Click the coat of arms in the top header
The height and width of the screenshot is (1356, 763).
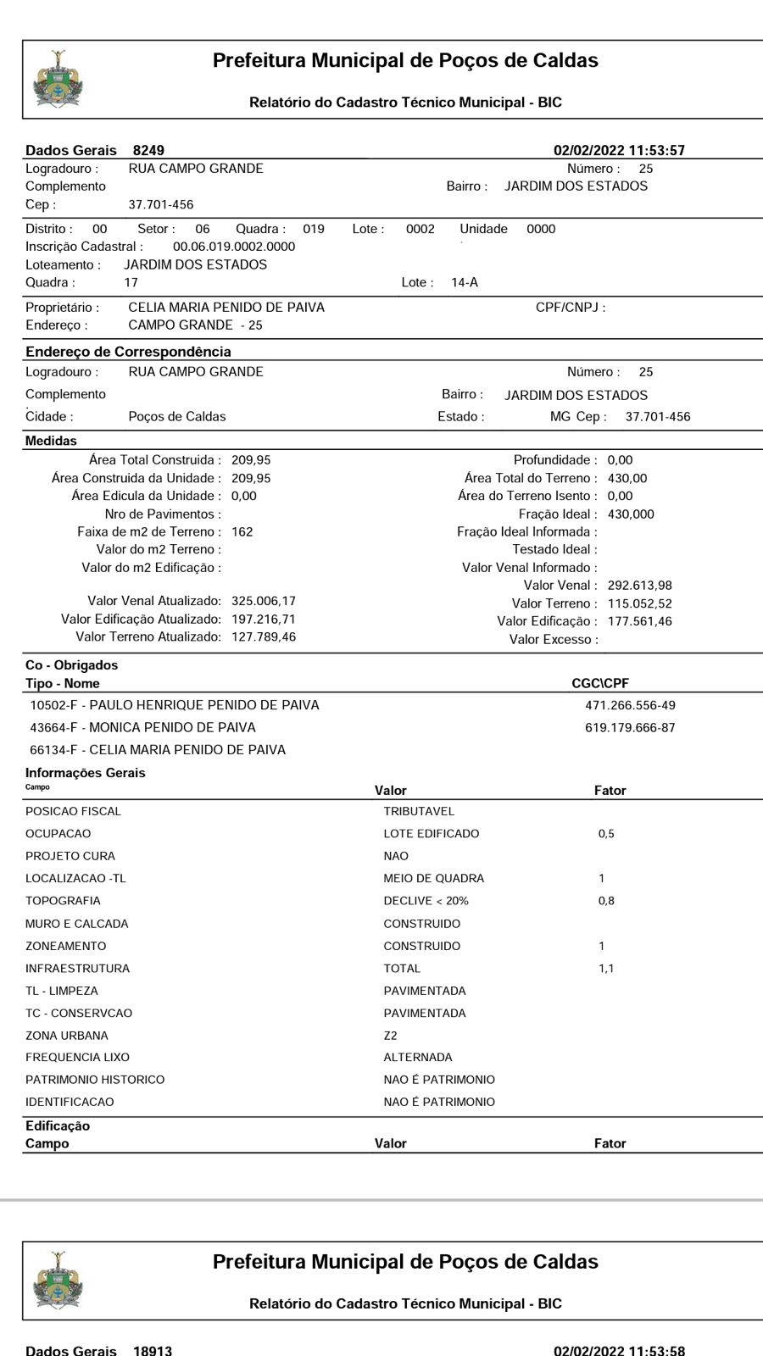(x=58, y=79)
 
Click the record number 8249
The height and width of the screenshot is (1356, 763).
(x=148, y=150)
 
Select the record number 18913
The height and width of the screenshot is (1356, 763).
(x=153, y=1350)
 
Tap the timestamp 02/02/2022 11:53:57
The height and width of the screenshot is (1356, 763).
(x=619, y=150)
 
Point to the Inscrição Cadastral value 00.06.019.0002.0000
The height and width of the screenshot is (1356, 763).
(x=234, y=247)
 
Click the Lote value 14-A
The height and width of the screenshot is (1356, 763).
(x=465, y=282)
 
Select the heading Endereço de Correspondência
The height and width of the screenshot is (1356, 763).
(x=128, y=352)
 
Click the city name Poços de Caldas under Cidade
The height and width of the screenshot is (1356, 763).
(x=177, y=417)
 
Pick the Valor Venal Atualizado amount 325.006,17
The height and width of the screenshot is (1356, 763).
(x=264, y=601)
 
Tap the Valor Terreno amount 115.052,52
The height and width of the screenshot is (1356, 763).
(x=640, y=603)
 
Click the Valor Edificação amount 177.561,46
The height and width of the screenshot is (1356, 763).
(x=640, y=621)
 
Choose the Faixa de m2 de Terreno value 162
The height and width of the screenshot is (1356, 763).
(x=242, y=532)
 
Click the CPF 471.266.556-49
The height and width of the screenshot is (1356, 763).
(x=630, y=705)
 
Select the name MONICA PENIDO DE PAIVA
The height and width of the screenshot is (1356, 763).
(x=172, y=727)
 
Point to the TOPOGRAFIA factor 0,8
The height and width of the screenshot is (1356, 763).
(x=606, y=901)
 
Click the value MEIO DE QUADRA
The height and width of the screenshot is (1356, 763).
(x=433, y=879)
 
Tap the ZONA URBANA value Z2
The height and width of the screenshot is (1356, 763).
(x=390, y=1036)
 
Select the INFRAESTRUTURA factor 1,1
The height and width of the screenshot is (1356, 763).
(x=606, y=969)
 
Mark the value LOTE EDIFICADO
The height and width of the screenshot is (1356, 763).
(x=431, y=834)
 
